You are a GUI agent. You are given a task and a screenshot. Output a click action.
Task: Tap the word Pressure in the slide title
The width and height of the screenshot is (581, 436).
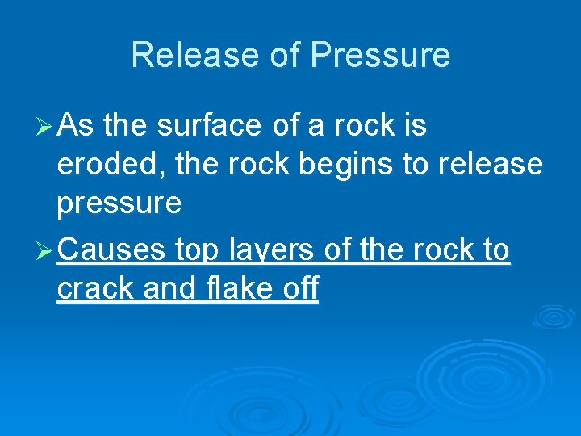tap(380, 56)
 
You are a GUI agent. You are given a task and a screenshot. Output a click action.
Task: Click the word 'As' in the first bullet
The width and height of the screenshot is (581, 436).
tap(77, 126)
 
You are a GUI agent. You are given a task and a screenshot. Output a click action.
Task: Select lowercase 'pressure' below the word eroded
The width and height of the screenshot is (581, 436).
tap(119, 203)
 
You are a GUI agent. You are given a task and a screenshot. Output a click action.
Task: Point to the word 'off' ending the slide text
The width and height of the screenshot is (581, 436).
tap(301, 289)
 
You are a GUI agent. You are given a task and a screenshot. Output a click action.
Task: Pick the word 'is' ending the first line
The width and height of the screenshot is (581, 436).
tap(416, 126)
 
